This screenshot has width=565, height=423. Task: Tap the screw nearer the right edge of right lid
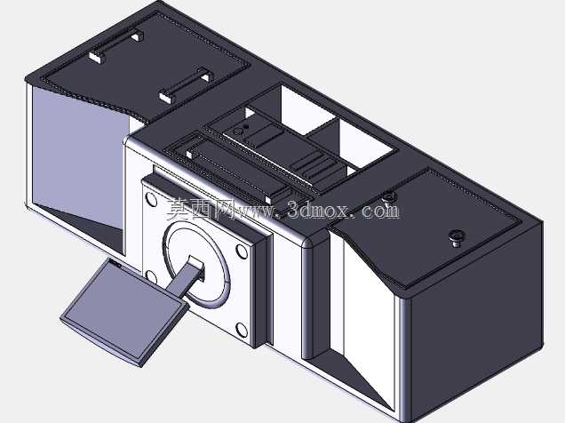click(x=457, y=238)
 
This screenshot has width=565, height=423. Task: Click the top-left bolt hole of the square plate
click(x=151, y=199)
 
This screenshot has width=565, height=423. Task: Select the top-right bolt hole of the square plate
click(x=242, y=251)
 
